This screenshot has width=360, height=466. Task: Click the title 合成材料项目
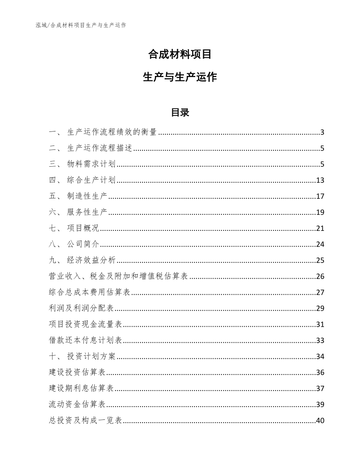[180, 54]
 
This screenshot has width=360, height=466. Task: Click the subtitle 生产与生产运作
[180, 77]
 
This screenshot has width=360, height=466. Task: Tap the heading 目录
[180, 113]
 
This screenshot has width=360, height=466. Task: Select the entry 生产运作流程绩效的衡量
[112, 132]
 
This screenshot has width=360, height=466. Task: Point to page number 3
[322, 132]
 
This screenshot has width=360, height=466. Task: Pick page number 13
[320, 180]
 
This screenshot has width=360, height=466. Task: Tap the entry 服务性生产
[87, 212]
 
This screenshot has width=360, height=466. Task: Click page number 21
[320, 229]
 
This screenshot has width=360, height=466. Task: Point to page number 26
[320, 277]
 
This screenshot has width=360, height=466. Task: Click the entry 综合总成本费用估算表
[90, 293]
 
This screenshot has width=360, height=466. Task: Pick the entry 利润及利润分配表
[81, 309]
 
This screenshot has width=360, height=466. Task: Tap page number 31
[320, 324]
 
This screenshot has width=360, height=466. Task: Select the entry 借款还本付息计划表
[86, 340]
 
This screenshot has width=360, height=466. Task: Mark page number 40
[320, 421]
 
